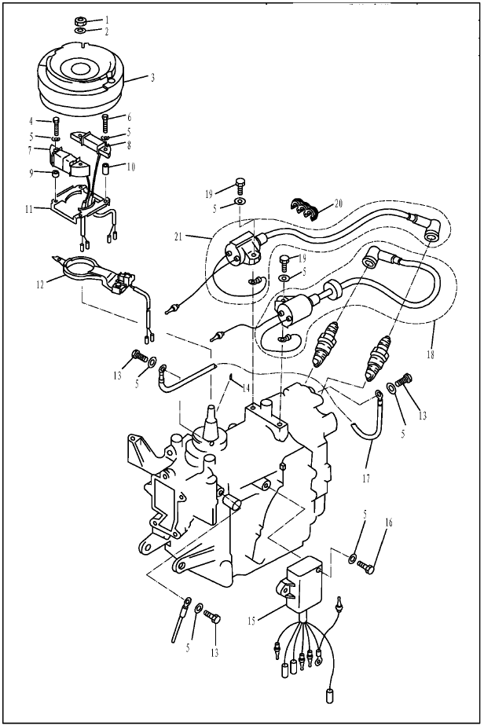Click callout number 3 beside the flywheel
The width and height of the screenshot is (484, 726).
(x=152, y=78)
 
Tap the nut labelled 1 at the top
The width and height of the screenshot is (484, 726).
(x=79, y=21)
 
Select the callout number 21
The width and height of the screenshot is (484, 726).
(x=180, y=236)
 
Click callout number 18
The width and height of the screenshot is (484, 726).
(x=431, y=354)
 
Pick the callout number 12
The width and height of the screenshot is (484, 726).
(x=40, y=284)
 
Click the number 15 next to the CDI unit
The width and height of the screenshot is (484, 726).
(x=251, y=621)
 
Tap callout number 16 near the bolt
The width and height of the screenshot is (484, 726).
(x=389, y=522)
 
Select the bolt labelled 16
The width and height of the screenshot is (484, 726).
(x=366, y=566)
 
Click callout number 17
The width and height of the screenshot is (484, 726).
(x=366, y=478)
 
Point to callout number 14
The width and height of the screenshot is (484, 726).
(x=245, y=388)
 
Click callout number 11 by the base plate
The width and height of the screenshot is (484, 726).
(x=29, y=209)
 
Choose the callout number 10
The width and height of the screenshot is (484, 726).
(x=130, y=167)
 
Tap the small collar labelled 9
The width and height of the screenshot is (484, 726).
(x=55, y=174)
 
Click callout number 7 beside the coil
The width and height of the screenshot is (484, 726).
(x=30, y=151)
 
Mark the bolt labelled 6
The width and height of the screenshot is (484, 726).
(x=105, y=123)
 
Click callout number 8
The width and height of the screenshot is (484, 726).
(x=129, y=145)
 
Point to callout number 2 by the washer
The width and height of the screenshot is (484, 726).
(x=107, y=31)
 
